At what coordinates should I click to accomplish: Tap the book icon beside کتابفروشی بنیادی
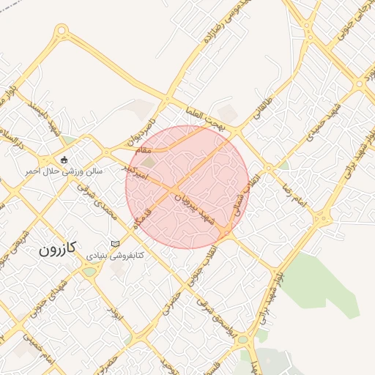pyautogui.click(x=114, y=243)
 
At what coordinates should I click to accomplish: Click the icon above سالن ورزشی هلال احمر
pyautogui.click(x=65, y=160)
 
